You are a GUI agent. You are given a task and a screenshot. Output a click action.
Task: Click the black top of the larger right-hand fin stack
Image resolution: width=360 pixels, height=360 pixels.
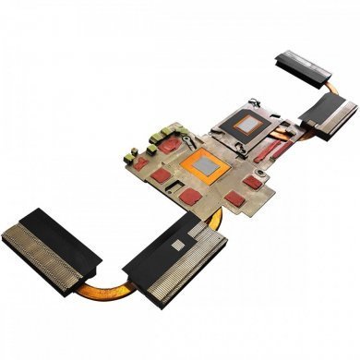pyautogui.click(x=325, y=112)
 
